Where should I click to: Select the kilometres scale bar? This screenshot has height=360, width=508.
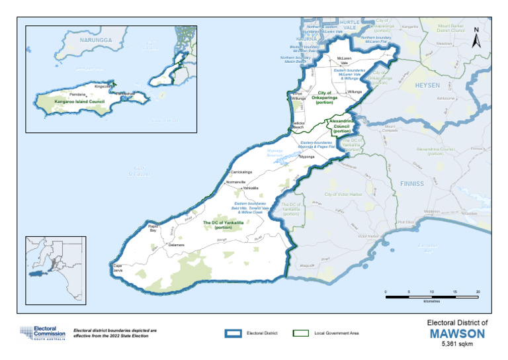coord(431,296)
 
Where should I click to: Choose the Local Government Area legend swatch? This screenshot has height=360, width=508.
coord(302,333)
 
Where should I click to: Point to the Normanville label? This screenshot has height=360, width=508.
coord(235,181)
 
